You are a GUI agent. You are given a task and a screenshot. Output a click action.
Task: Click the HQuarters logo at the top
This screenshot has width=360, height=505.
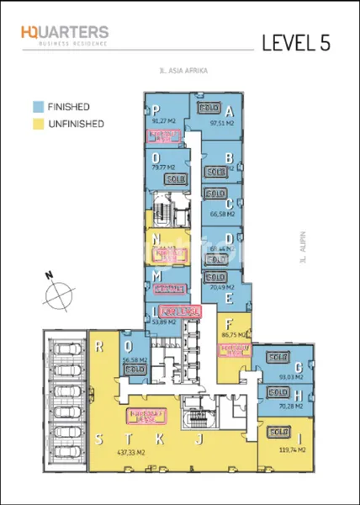[65, 36]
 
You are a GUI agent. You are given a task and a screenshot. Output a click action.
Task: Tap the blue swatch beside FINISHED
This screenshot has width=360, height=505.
[38, 108]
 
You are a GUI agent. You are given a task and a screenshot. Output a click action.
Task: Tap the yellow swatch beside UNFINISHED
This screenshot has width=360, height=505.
[38, 124]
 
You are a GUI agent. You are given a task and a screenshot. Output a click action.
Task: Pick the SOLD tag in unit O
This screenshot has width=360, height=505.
[176, 179]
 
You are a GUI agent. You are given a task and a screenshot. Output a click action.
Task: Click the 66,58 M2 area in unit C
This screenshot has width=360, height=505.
[223, 215]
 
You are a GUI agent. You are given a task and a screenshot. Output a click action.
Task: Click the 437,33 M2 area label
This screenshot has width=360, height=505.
[130, 451]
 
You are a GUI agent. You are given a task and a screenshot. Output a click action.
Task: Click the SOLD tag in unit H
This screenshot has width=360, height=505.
[275, 393]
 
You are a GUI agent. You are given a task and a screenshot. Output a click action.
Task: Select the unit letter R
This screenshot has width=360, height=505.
[100, 345]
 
